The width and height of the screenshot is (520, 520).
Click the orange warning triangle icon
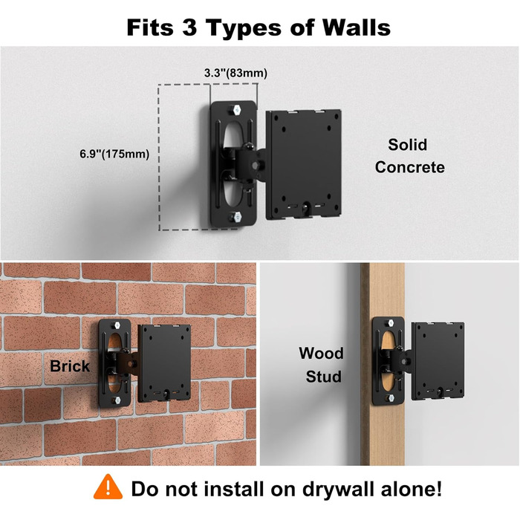108,487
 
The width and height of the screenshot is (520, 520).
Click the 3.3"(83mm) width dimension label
235,73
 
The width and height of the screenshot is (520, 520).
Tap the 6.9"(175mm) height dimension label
114,154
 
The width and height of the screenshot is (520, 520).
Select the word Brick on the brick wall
70,366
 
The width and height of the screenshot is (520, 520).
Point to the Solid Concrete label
409,156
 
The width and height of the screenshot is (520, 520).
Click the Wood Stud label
321,365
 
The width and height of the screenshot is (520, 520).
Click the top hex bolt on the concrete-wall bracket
237,110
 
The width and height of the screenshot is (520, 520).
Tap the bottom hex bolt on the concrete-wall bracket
238,217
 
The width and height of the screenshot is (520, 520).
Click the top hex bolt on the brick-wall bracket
117,325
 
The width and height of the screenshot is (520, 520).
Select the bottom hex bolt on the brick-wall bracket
117,400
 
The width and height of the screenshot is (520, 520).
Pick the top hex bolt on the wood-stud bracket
390,322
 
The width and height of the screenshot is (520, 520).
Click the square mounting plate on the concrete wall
304,164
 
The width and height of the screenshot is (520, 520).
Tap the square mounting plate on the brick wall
164,363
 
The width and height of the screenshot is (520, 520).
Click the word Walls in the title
357,27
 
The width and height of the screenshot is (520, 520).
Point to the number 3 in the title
189,27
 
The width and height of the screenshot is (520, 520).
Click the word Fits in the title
150,27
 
